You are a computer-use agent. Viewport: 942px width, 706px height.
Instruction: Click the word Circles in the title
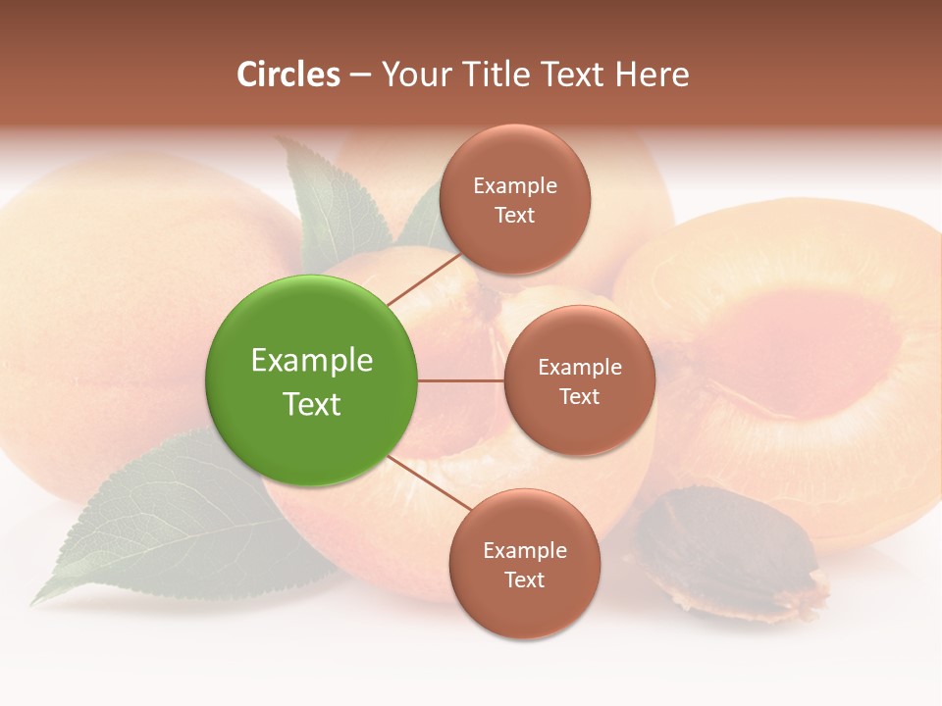pos(288,75)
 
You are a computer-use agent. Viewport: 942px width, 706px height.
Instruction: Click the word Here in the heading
pos(652,75)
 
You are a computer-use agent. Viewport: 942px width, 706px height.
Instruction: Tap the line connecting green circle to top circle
pos(424,278)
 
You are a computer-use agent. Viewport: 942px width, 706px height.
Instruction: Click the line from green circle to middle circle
pos(461,380)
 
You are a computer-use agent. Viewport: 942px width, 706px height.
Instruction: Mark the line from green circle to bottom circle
pos(429,485)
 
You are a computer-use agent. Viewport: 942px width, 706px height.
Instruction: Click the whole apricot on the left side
pos(108,314)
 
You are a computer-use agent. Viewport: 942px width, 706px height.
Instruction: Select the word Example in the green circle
pos(312,361)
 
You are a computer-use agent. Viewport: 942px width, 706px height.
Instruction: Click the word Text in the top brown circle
pos(515,216)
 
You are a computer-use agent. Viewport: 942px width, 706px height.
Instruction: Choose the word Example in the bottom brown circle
pos(525,551)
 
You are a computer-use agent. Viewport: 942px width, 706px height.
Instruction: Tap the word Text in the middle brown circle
pos(580,397)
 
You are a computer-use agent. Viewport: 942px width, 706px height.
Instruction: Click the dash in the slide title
pos(360,76)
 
